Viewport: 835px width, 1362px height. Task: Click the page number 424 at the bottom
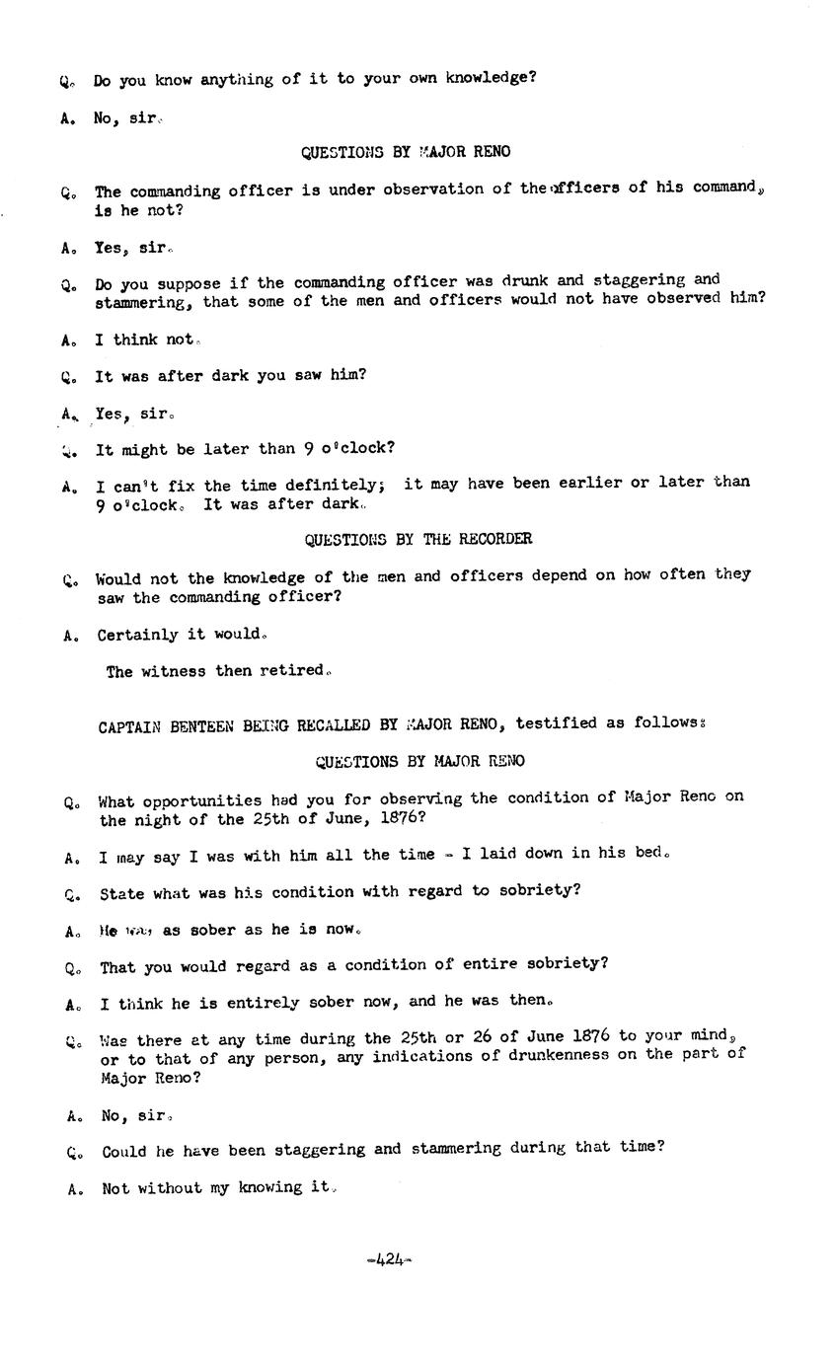click(x=390, y=1258)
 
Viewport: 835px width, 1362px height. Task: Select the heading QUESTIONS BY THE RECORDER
click(x=417, y=539)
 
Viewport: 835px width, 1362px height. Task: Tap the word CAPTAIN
click(x=129, y=726)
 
